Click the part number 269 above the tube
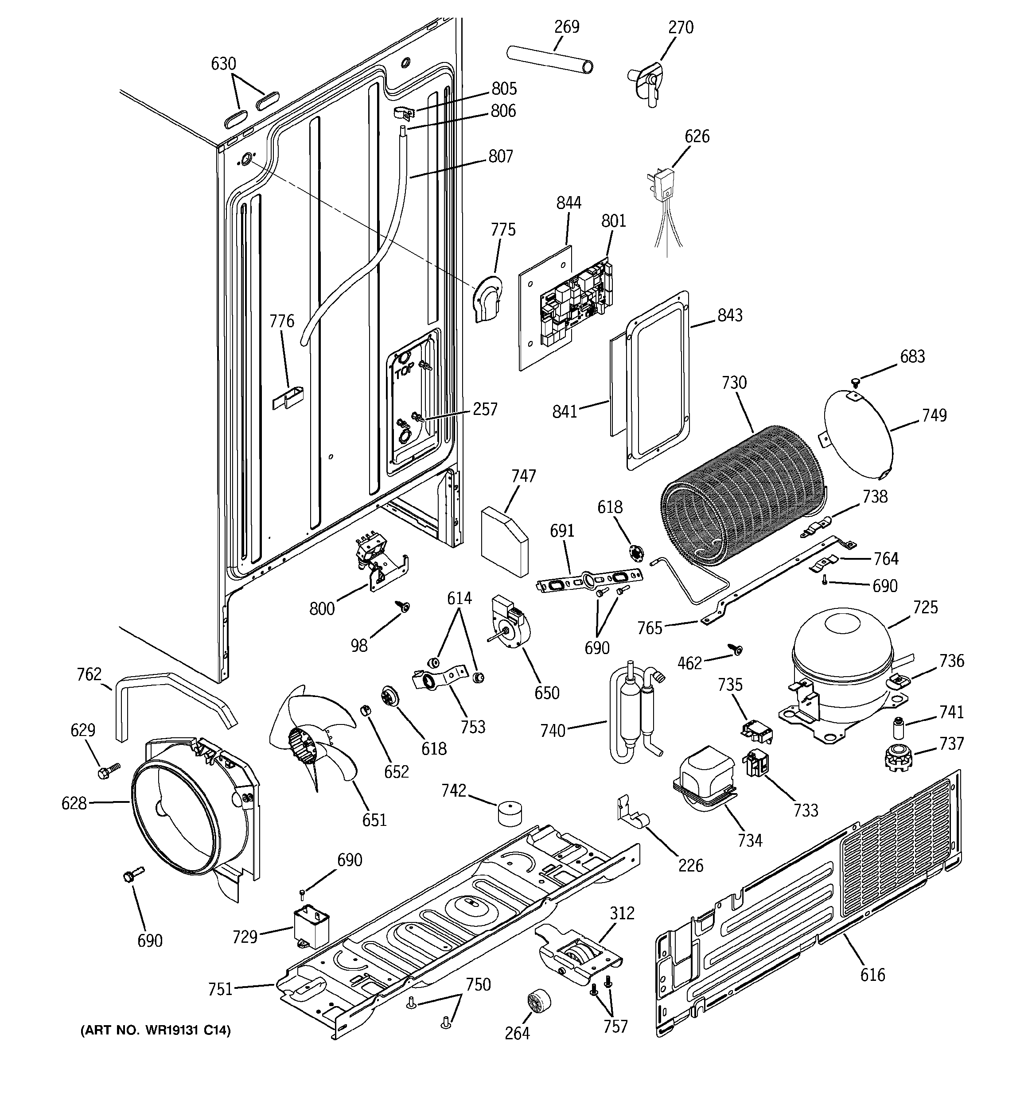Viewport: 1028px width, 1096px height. [566, 27]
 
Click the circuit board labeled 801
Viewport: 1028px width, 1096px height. [576, 302]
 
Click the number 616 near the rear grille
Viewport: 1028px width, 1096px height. [872, 975]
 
